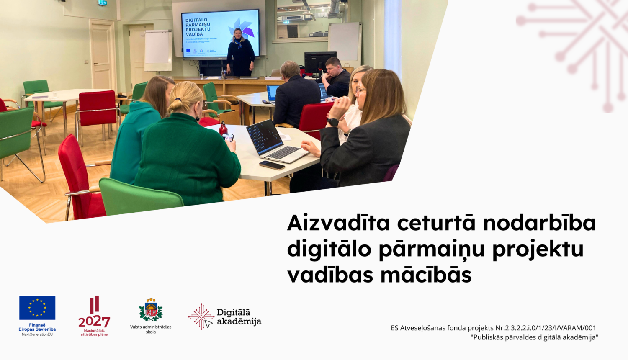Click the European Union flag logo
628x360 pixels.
pos(37,308)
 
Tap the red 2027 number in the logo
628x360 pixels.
pos(94,321)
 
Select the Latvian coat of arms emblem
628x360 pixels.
pos(151,311)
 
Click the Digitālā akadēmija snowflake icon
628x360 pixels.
pos(201,317)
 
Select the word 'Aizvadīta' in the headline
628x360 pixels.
pos(338,223)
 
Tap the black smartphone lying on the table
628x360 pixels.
pos(272,165)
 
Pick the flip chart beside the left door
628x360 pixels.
pos(158,50)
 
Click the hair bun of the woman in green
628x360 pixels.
pos(175,105)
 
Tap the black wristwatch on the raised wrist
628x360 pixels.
pos(333,122)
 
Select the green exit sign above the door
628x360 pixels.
pos(102,3)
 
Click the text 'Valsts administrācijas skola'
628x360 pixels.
pos(151,329)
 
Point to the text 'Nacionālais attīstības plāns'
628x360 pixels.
pos(94,332)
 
